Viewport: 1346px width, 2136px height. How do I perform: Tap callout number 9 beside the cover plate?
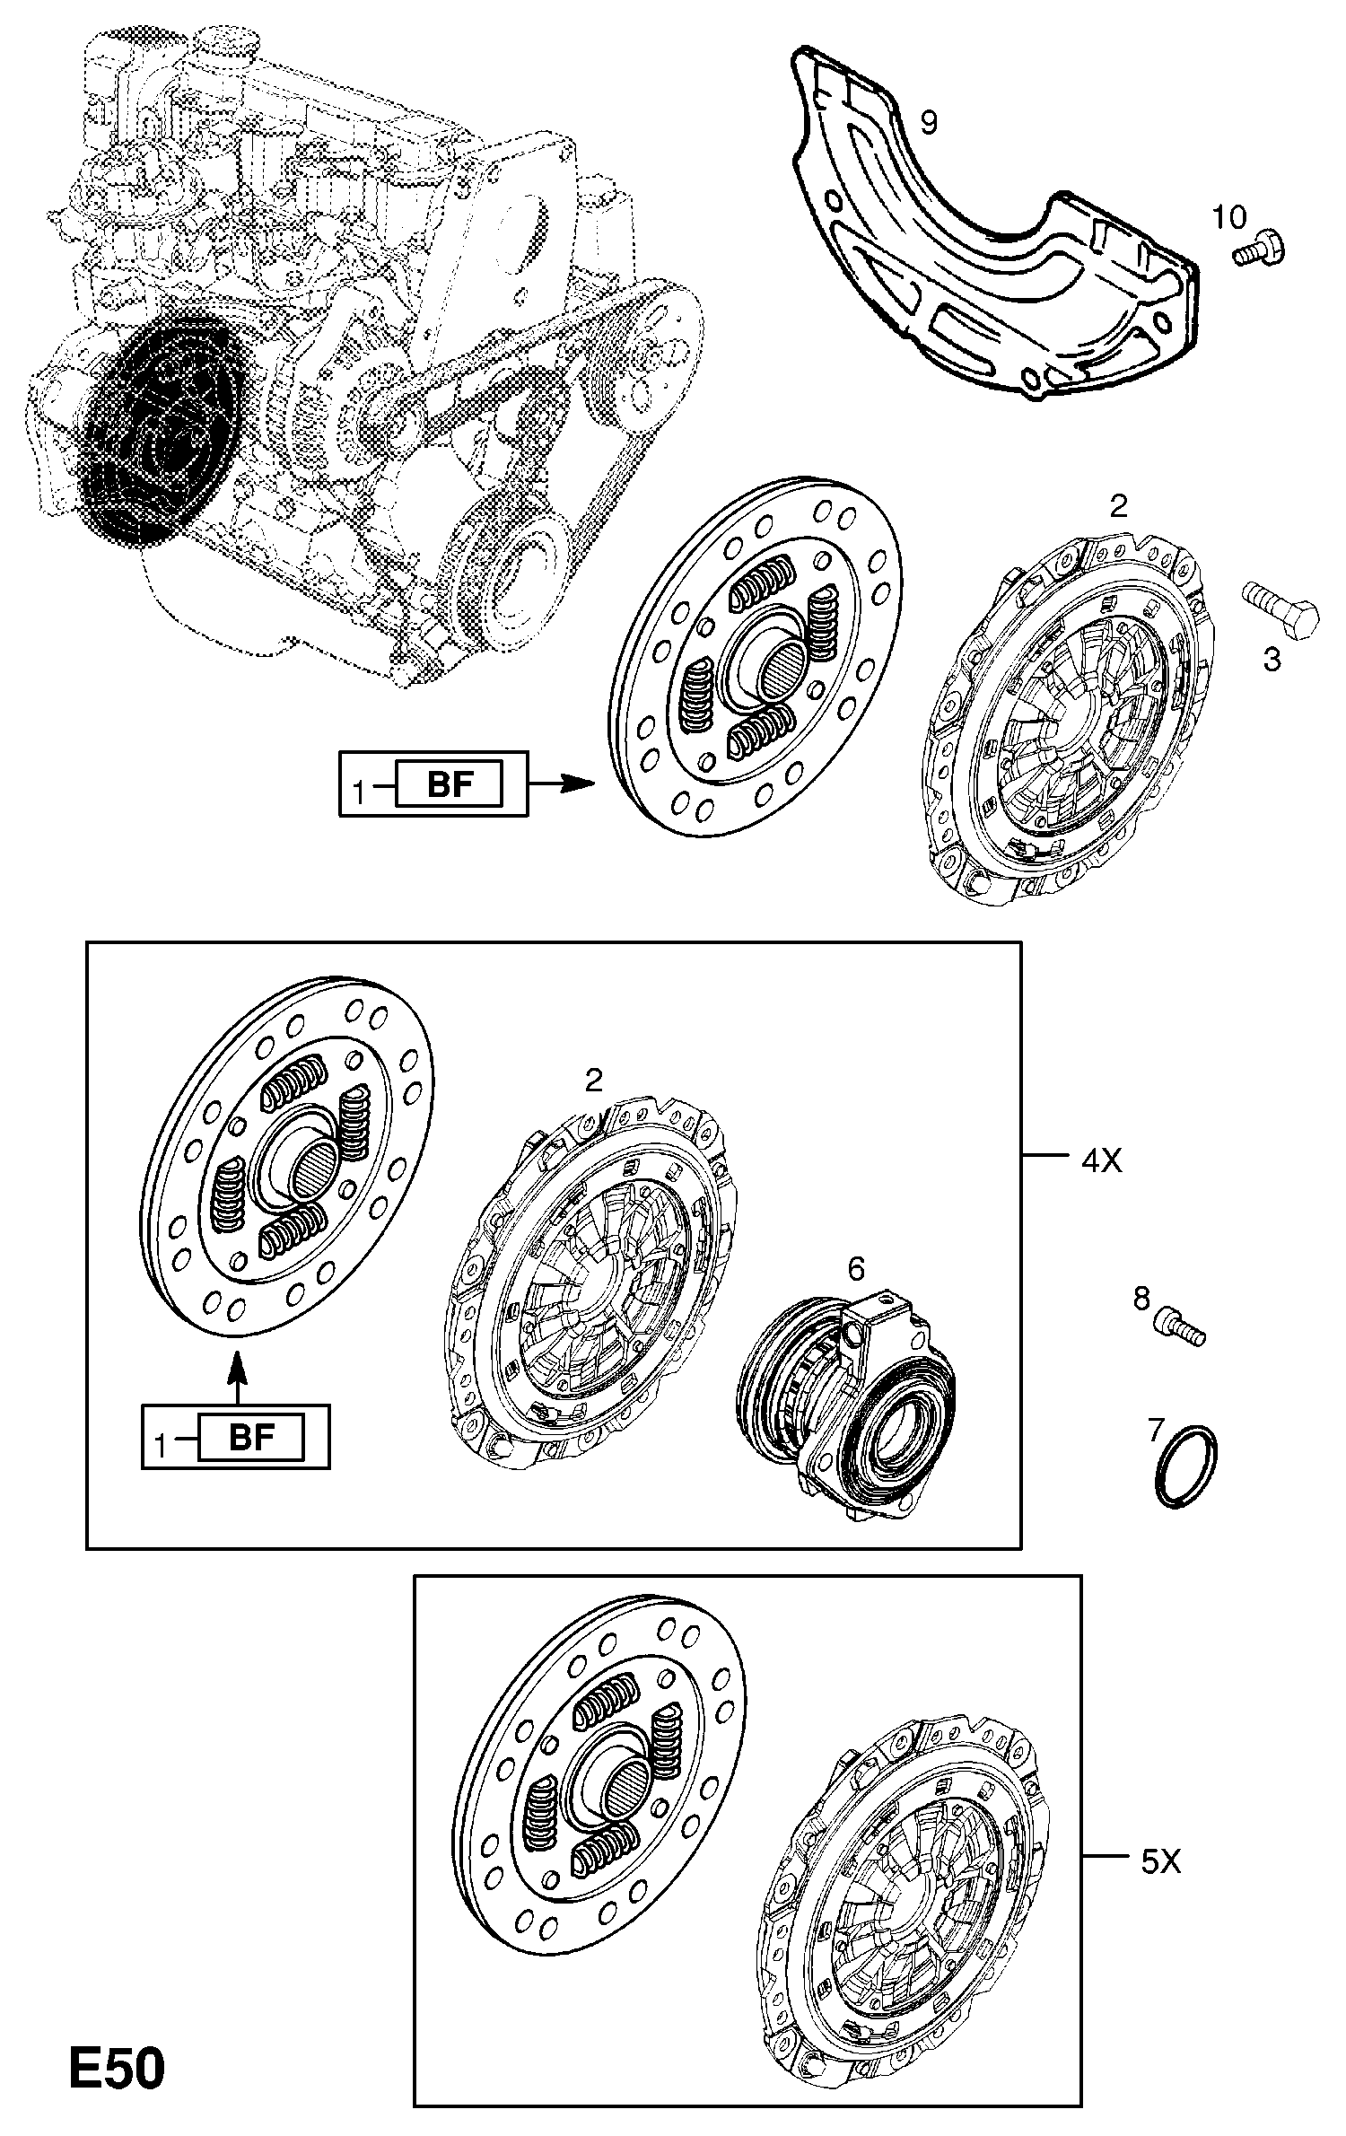pyautogui.click(x=928, y=122)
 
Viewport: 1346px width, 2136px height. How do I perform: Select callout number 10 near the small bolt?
pyautogui.click(x=1229, y=216)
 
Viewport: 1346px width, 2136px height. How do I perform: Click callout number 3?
pyautogui.click(x=1272, y=660)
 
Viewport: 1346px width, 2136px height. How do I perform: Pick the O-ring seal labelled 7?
pyautogui.click(x=1185, y=1478)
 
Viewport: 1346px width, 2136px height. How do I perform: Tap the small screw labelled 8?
pyautogui.click(x=1182, y=1344)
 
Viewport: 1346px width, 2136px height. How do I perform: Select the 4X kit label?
pyautogui.click(x=1102, y=1161)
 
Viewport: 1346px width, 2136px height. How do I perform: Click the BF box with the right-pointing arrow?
pyautogui.click(x=449, y=786)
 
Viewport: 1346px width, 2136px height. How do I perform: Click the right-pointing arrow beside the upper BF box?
pyautogui.click(x=562, y=784)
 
